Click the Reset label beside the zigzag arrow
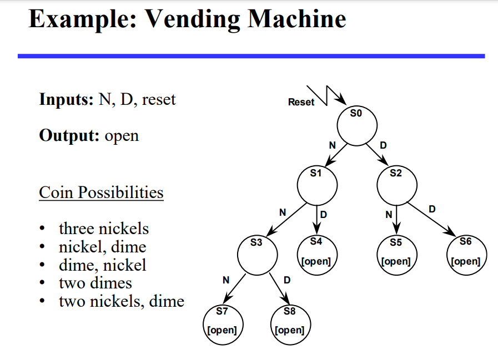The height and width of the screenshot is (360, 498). (301, 102)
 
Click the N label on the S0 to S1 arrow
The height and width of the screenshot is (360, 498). (332, 145)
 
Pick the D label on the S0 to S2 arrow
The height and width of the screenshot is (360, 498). (383, 145)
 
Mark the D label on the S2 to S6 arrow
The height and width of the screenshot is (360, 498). (432, 209)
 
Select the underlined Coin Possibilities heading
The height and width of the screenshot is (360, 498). (101, 192)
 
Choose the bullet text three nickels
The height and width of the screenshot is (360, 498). (104, 229)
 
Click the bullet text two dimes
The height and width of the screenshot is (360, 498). (95, 283)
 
